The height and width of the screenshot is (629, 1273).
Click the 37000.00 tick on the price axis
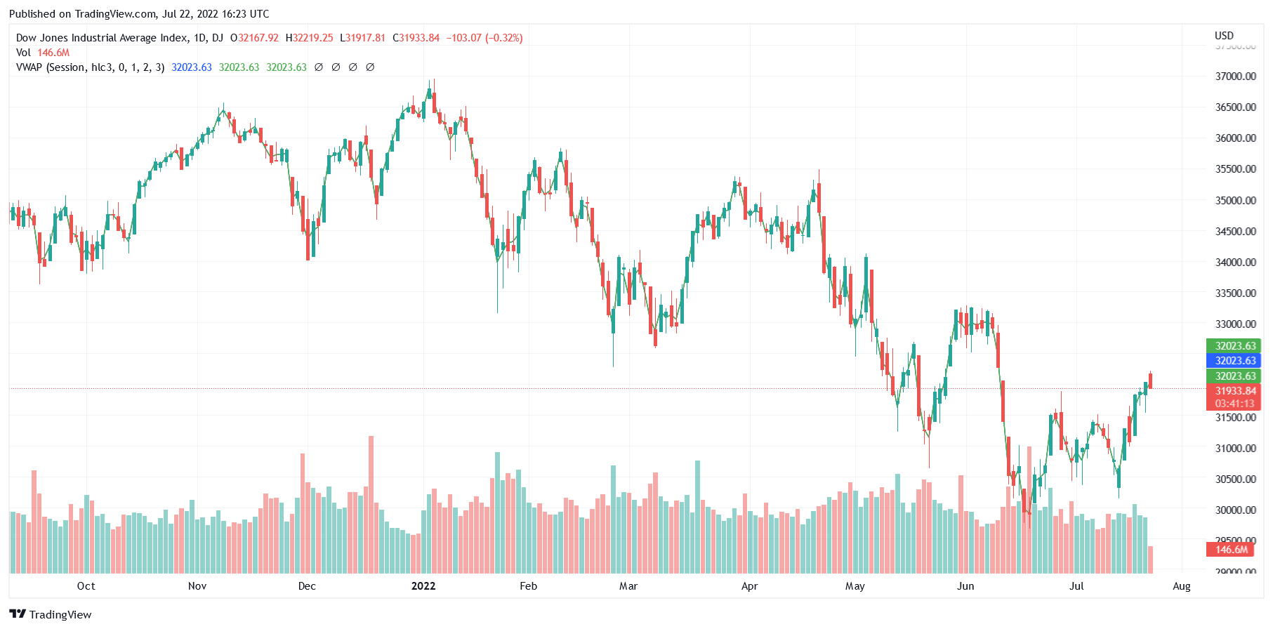tap(1235, 76)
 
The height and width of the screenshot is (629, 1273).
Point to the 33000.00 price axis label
tap(1235, 324)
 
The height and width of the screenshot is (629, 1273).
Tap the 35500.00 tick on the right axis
tap(1235, 169)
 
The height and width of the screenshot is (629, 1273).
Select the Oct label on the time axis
tap(86, 586)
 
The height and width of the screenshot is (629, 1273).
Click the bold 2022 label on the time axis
tap(423, 586)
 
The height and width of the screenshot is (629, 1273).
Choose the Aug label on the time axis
tap(1181, 586)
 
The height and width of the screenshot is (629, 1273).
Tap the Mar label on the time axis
tap(628, 586)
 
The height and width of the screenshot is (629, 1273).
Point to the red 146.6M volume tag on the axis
tap(1232, 550)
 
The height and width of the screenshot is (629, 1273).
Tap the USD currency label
tap(1224, 36)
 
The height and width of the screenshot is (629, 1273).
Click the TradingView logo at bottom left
tap(51, 614)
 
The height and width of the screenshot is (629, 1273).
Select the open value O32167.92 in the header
tap(254, 38)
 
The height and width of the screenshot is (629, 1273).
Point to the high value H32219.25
tap(309, 38)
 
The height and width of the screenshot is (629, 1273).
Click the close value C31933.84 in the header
tap(416, 38)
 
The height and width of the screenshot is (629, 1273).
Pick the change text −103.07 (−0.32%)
tap(484, 38)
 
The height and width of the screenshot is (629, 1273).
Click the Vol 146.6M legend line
tap(43, 53)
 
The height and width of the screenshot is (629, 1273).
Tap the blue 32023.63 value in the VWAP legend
tap(192, 67)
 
